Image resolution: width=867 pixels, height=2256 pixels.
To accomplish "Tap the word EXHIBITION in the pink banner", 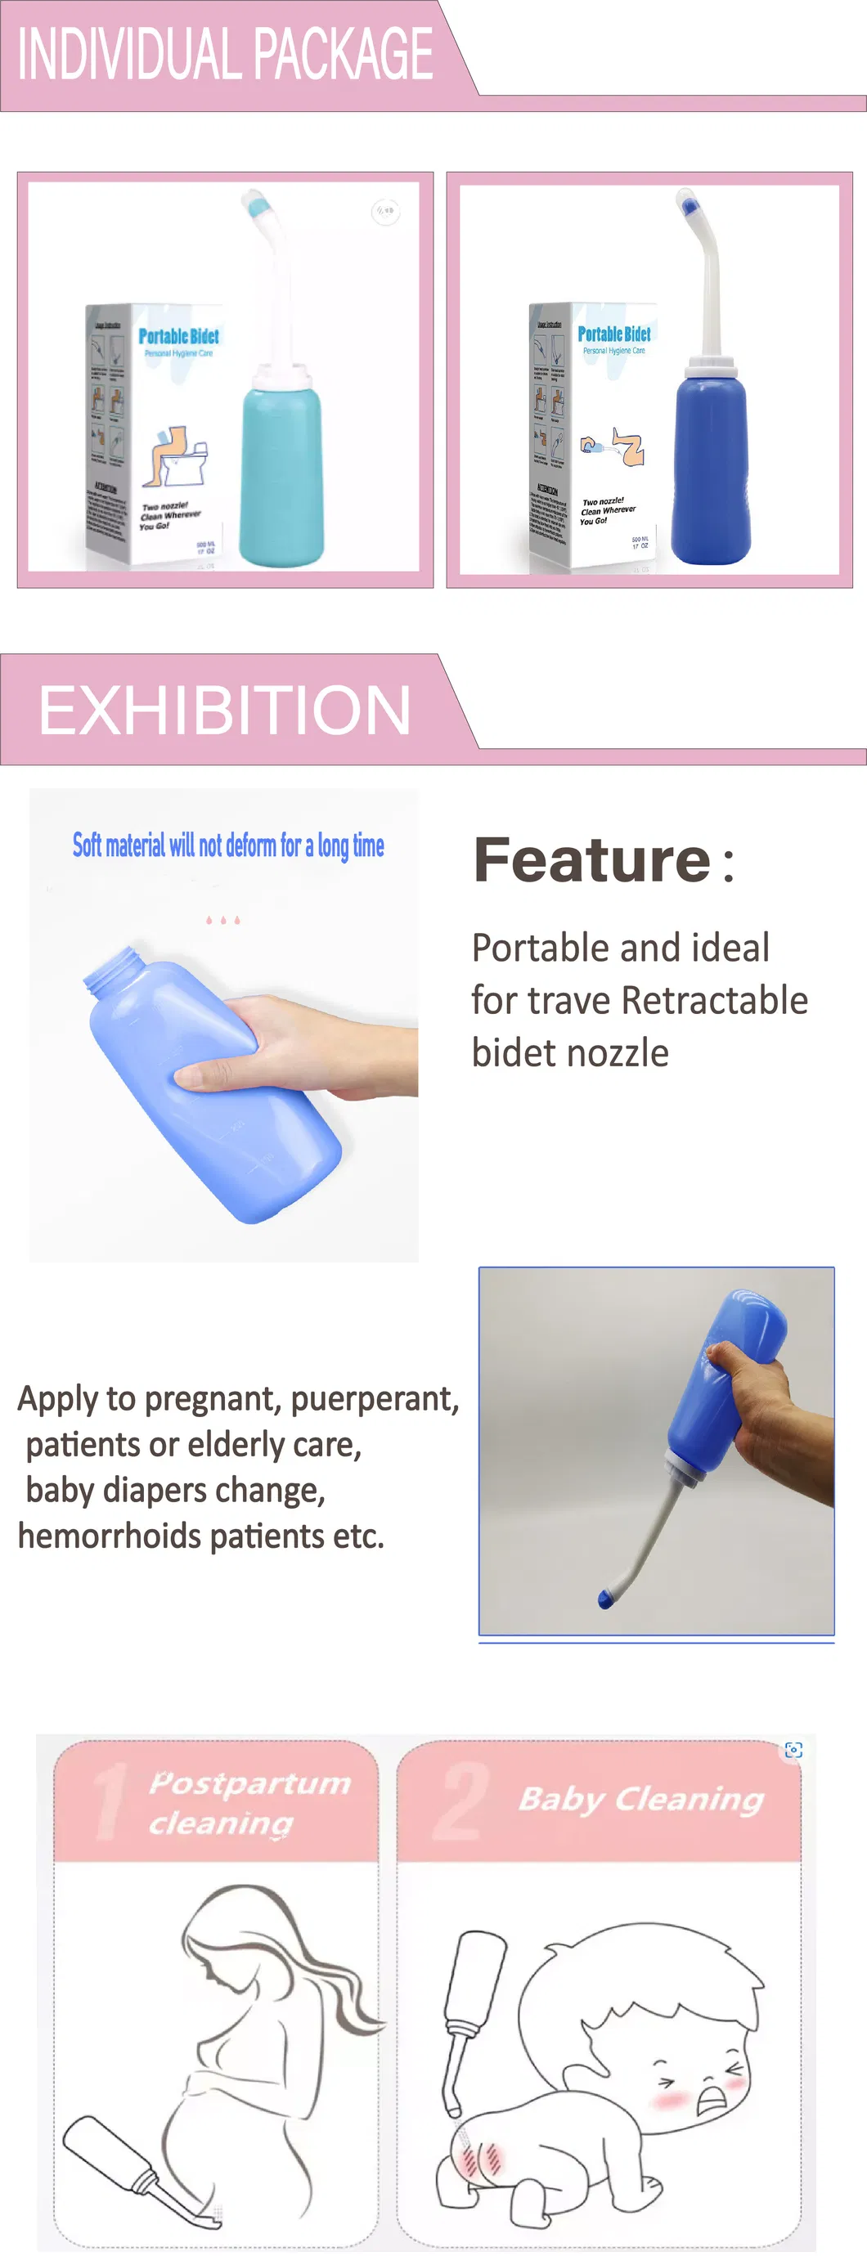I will click(x=224, y=711).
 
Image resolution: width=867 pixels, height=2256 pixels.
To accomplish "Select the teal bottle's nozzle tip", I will click(x=256, y=207).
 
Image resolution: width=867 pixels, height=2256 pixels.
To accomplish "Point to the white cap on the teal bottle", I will click(x=281, y=379).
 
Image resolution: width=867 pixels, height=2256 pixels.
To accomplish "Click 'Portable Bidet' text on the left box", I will click(x=178, y=336).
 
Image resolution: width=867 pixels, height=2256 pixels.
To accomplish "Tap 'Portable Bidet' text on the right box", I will click(x=614, y=334).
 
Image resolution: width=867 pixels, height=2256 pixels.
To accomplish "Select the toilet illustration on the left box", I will click(x=182, y=455).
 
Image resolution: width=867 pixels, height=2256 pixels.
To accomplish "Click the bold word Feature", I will click(x=592, y=861).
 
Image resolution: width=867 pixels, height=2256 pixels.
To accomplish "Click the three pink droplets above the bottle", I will click(x=222, y=921).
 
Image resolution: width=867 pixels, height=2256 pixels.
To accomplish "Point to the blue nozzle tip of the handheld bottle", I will click(x=604, y=1599).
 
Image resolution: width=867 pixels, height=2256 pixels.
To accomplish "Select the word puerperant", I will click(x=375, y=1398).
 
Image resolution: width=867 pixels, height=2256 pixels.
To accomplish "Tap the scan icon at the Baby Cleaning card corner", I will click(x=793, y=1750).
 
